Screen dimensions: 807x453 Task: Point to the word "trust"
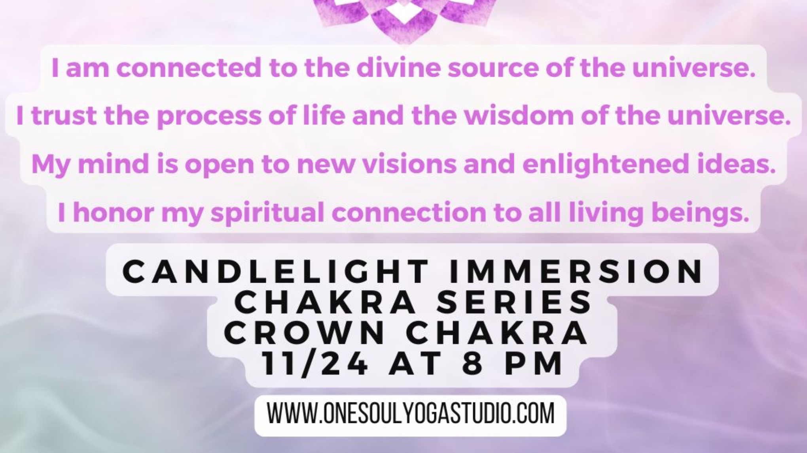point(64,116)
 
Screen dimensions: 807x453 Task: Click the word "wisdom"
point(519,116)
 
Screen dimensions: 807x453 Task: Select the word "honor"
point(113,213)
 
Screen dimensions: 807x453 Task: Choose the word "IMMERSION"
point(576,272)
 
